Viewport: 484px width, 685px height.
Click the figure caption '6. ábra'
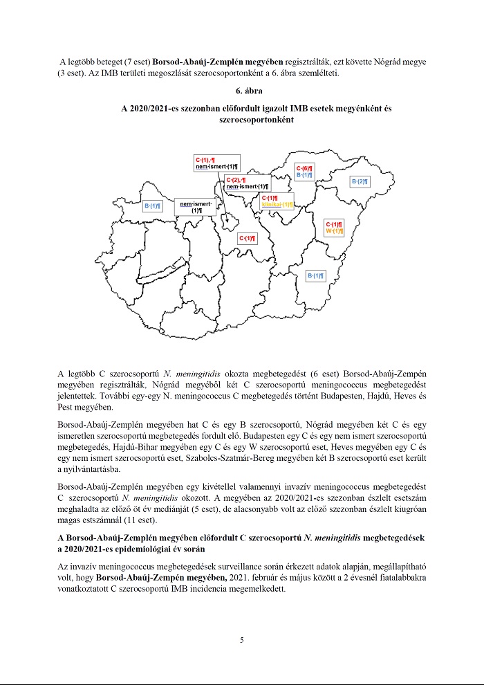tap(242, 91)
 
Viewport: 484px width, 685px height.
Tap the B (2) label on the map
tap(360, 181)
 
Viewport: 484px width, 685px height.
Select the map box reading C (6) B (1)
tap(305, 172)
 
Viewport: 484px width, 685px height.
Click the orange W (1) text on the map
tap(335, 231)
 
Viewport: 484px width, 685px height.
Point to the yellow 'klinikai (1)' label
tap(277, 205)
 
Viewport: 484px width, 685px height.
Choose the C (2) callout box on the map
tap(247, 183)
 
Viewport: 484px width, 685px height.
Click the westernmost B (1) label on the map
tap(152, 205)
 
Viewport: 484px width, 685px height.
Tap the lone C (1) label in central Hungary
tap(247, 239)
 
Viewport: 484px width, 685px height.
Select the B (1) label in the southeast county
tap(315, 276)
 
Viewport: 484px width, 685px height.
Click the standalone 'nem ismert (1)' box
tap(196, 206)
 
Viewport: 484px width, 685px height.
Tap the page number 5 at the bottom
tap(242, 640)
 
